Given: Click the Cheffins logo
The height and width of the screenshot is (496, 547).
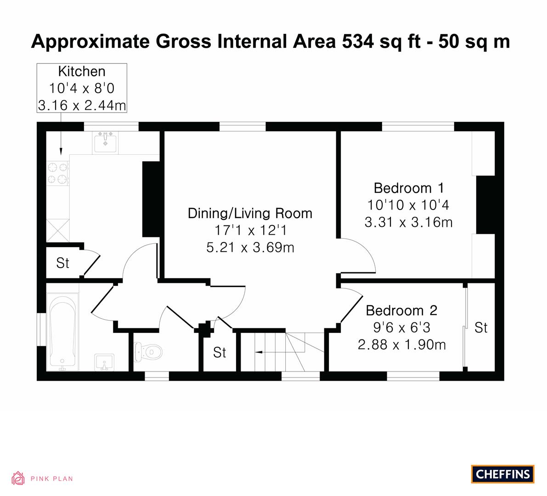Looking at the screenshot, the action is click(x=503, y=474).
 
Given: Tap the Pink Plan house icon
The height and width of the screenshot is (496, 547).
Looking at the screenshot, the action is click(x=18, y=478).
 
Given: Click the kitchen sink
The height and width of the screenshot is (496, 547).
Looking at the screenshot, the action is click(x=105, y=142).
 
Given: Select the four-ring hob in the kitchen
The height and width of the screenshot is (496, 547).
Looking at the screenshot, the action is click(x=57, y=173).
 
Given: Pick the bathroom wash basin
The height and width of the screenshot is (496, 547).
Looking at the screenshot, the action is click(x=104, y=362).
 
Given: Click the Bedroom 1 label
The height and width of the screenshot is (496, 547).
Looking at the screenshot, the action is click(x=409, y=188).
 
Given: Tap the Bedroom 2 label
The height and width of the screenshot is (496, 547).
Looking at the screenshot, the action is click(x=401, y=310).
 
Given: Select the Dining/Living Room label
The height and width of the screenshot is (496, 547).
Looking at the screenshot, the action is click(x=250, y=214).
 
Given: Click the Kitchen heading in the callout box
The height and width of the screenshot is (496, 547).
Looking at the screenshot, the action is click(x=82, y=71).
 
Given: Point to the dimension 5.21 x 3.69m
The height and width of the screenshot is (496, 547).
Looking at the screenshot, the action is click(x=250, y=247).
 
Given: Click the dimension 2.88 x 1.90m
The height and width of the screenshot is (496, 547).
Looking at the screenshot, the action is click(x=401, y=344).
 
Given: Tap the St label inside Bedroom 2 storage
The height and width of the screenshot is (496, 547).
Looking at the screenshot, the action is click(x=481, y=327).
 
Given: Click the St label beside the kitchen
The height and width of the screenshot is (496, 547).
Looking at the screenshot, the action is click(x=62, y=263).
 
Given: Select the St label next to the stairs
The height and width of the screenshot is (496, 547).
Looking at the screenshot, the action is click(x=220, y=353).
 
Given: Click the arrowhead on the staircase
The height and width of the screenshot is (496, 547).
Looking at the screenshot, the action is click(x=258, y=352).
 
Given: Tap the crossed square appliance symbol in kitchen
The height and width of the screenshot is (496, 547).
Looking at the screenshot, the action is click(x=58, y=230).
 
